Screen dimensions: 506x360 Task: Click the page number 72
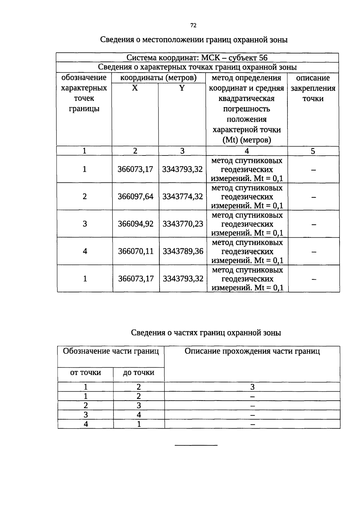(193, 26)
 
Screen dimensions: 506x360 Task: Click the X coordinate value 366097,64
(135, 197)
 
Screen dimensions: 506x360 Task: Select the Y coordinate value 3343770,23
(183, 224)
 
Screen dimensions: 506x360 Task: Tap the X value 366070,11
(136, 251)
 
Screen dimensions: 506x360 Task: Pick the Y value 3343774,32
(182, 197)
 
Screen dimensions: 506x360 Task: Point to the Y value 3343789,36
(183, 251)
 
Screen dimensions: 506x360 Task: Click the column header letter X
(135, 88)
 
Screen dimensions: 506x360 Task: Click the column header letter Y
(182, 88)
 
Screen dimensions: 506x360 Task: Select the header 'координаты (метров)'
(158, 78)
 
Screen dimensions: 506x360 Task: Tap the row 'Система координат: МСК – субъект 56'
(197, 58)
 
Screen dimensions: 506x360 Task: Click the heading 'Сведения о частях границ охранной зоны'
(206, 333)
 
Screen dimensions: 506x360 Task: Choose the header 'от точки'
(85, 373)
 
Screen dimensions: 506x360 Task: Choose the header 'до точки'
(138, 373)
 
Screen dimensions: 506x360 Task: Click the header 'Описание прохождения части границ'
(252, 351)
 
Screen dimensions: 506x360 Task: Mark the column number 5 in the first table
(313, 151)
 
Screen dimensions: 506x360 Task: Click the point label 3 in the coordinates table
(85, 224)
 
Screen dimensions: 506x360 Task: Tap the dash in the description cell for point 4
(314, 252)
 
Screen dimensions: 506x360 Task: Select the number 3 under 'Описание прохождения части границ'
(252, 387)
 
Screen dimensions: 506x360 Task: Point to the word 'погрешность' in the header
(246, 109)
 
